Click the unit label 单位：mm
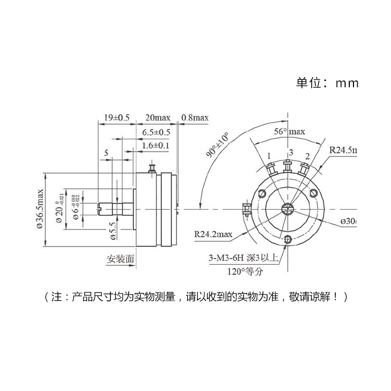click(327, 83)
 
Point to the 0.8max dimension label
click(195, 118)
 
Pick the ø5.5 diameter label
click(113, 229)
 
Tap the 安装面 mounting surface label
click(120, 259)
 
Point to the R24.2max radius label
click(213, 234)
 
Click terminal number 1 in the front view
click(268, 156)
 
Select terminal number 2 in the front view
click(308, 156)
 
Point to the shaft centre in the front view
click(288, 209)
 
